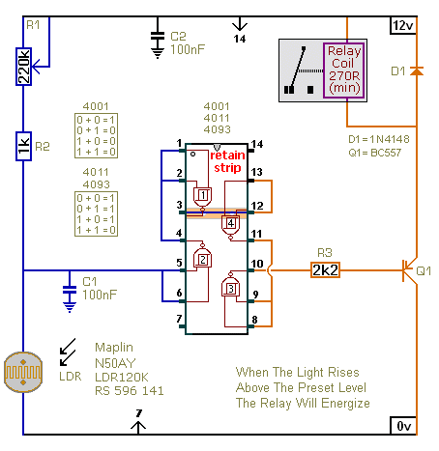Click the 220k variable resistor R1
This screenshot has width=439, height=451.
[23, 67]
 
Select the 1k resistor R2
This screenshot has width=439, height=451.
[23, 146]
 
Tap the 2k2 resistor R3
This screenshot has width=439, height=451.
[325, 270]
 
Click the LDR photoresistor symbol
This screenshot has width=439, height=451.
[23, 372]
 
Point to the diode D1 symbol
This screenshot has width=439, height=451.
[417, 70]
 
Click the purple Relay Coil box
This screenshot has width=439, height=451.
[344, 70]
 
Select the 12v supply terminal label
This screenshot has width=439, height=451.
[403, 25]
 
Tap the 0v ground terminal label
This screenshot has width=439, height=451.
[403, 426]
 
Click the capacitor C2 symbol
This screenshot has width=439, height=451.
[158, 43]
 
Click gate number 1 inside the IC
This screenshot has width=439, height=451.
[202, 197]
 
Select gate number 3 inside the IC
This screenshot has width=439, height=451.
[230, 287]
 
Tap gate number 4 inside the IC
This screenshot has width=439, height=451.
[230, 226]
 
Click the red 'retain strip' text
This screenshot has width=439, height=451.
[227, 161]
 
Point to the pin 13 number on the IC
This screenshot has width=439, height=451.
[256, 172]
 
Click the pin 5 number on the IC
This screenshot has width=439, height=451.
[179, 263]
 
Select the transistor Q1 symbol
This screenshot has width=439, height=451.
[410, 270]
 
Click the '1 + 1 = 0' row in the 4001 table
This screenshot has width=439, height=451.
[96, 152]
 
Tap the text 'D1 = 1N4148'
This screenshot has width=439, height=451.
[379, 139]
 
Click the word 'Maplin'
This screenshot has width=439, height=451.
[114, 348]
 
